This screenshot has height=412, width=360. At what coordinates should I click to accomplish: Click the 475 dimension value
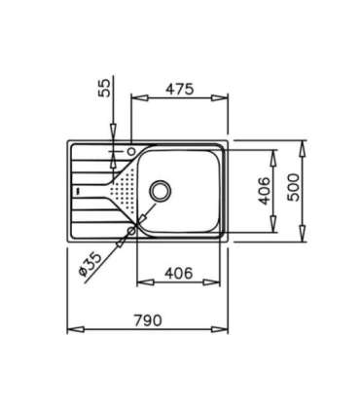click(x=179, y=89)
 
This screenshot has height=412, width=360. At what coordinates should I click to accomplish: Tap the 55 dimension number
click(x=105, y=90)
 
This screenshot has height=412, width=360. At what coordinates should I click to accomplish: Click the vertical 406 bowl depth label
click(x=264, y=191)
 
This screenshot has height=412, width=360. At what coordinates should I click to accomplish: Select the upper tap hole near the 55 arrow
click(x=130, y=152)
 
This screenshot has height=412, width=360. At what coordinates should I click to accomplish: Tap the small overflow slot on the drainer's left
click(x=77, y=192)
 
